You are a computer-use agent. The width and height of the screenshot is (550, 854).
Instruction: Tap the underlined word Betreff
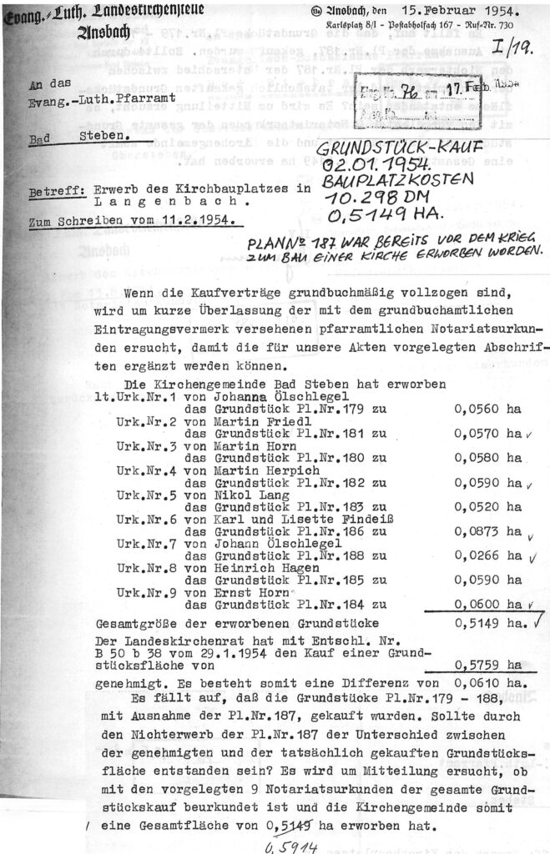[x=47, y=191]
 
